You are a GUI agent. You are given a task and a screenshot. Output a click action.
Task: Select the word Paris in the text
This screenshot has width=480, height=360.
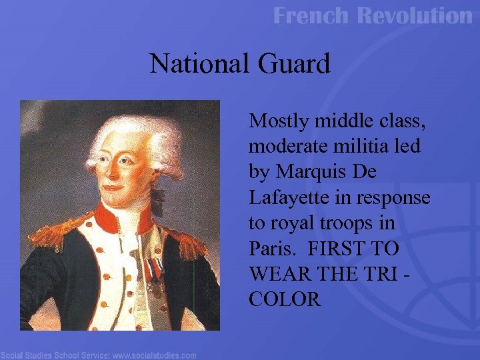[271, 249]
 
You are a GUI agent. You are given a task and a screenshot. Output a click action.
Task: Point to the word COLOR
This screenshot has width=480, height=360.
[285, 299]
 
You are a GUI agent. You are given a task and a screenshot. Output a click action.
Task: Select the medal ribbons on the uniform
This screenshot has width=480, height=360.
[153, 270]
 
